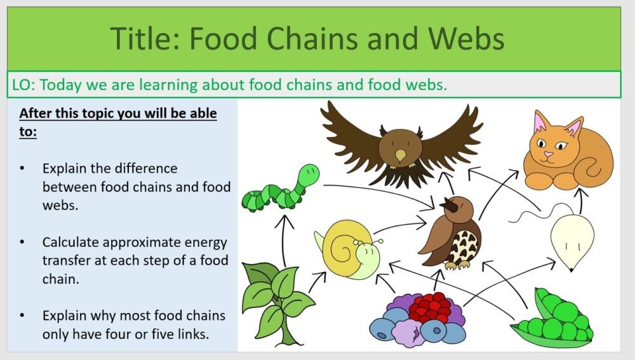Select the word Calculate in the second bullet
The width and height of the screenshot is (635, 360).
(72, 243)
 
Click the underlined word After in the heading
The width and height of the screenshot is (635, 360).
(34, 114)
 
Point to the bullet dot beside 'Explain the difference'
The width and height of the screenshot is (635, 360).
(23, 170)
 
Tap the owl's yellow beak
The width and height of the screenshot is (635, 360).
(399, 155)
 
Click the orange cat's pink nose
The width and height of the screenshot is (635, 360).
(548, 153)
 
